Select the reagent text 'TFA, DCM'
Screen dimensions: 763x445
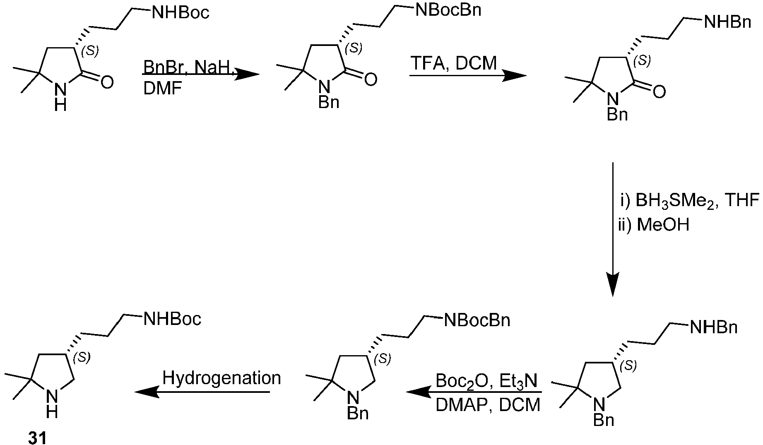click(x=454, y=63)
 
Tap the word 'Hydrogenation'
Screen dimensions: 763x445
click(x=221, y=378)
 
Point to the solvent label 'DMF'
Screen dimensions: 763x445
click(x=162, y=88)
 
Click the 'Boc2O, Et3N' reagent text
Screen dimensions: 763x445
click(x=486, y=380)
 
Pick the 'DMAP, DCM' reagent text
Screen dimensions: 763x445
click(x=488, y=404)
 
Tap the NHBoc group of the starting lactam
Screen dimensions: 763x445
click(x=181, y=12)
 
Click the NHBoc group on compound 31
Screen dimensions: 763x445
click(x=172, y=319)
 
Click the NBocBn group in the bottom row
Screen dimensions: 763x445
click(x=477, y=320)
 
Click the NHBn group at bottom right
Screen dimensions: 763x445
click(x=713, y=328)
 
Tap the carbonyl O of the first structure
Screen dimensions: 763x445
click(x=107, y=82)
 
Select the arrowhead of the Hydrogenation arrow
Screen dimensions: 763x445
click(x=147, y=392)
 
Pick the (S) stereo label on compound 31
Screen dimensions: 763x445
click(x=82, y=358)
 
